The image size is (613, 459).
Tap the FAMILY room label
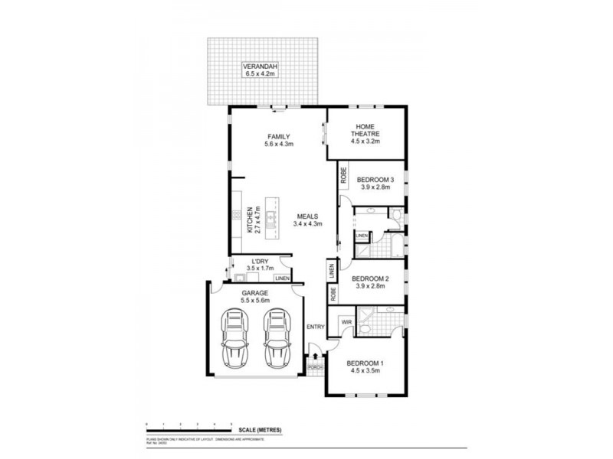coord(279,137)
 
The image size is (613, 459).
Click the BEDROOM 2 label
coord(372,279)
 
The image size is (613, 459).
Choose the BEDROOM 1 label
coord(365,363)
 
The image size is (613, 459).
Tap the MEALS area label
coord(309,218)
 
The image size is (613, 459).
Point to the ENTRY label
coord(315,327)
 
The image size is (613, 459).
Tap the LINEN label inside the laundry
coord(282,277)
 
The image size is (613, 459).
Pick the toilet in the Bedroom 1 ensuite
coord(366,329)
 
